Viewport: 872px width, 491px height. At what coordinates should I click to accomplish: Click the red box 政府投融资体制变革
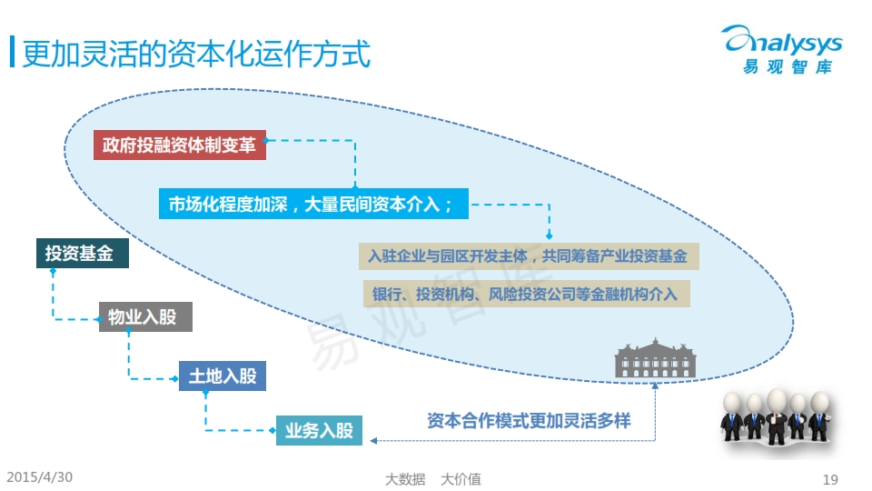(x=180, y=145)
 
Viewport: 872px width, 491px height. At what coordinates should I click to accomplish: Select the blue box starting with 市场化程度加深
(x=313, y=204)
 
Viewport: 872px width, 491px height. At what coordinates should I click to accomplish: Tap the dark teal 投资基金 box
(x=83, y=254)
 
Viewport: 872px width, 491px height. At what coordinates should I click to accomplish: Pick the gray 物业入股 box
(x=145, y=316)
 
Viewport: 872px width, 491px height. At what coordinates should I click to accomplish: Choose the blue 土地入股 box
(x=223, y=376)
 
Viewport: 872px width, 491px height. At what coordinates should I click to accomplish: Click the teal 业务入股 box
(x=319, y=430)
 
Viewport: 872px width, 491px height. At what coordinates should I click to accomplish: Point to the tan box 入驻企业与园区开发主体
(x=529, y=256)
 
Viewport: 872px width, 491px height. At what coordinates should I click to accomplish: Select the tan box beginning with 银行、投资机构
(x=527, y=294)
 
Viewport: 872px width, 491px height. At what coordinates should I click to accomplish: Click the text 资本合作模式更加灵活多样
(x=529, y=421)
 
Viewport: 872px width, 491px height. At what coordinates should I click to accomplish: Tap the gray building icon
(x=655, y=358)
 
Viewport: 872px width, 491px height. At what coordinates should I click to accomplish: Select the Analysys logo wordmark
(x=782, y=40)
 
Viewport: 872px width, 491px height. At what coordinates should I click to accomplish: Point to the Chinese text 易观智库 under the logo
(x=788, y=66)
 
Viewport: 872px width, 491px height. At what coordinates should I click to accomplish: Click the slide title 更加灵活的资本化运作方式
(x=196, y=54)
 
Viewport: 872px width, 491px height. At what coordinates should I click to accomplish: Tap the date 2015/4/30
(x=39, y=477)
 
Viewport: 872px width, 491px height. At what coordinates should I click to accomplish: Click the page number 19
(x=830, y=479)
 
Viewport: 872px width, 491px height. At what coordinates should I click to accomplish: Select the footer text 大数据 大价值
(x=433, y=479)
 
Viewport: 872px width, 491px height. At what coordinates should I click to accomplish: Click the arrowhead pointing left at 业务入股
(x=373, y=440)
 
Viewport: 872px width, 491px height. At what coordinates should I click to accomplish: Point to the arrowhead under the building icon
(x=655, y=386)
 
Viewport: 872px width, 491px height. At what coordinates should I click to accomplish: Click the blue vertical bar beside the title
(x=12, y=52)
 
